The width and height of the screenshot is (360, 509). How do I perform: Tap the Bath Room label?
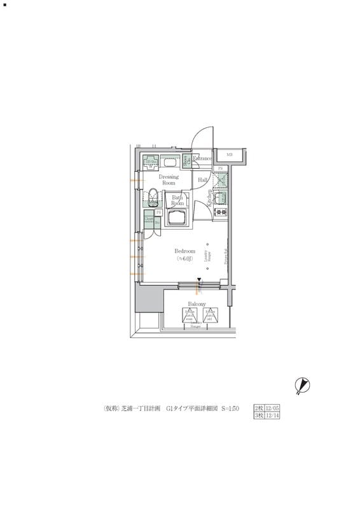point(177,201)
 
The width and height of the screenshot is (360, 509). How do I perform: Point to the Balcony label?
point(197,304)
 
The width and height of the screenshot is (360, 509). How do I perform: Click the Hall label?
point(203,180)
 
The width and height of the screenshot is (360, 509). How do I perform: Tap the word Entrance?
point(202,158)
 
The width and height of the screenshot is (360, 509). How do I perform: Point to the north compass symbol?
point(301,384)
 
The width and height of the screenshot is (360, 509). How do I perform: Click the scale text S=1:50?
point(230,408)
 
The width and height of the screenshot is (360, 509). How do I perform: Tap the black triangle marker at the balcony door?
point(199,280)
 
